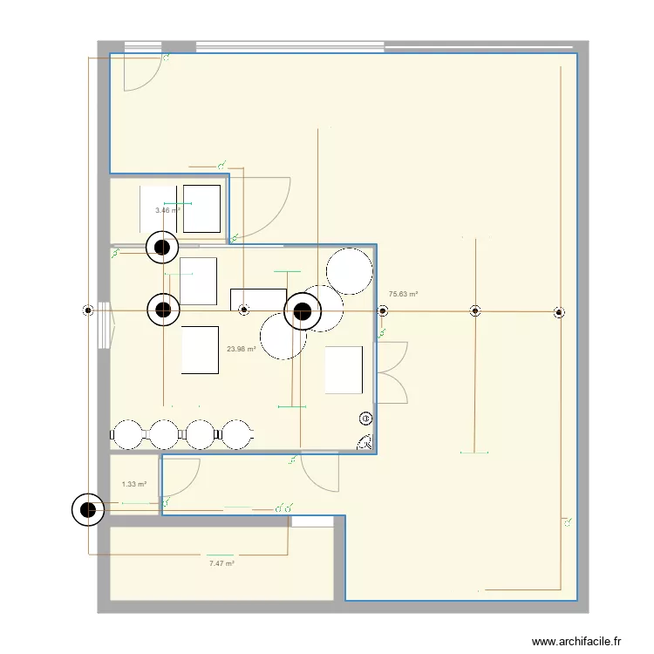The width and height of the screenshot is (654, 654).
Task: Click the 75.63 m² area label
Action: pos(403,295)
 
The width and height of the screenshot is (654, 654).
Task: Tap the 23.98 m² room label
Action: pos(241,350)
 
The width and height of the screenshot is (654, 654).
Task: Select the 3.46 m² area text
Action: pos(167,211)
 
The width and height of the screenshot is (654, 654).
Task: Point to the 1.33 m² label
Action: pos(133,485)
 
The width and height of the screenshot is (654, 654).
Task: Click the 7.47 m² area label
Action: pos(221,564)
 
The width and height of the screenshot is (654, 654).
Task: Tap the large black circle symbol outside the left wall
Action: pos(86,510)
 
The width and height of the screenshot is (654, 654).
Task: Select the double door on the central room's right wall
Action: pos(392,372)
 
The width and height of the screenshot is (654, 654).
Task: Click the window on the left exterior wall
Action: pos(104,324)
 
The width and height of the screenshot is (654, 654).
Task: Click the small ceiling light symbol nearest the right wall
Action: pos(558,311)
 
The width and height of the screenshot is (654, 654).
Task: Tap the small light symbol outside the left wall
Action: pos(87,310)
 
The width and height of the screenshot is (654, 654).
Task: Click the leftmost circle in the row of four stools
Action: pos(128,433)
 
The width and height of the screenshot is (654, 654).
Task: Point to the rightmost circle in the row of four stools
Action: pos(236,433)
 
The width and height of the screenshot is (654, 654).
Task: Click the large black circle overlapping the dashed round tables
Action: pos(303,310)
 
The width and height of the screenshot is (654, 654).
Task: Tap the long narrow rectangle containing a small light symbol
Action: pos(258,300)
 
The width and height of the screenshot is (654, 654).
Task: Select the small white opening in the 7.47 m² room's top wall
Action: pos(311,521)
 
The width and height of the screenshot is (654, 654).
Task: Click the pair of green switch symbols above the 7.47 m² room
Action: pos(283,508)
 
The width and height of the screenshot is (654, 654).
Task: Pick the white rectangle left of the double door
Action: pos(343,369)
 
